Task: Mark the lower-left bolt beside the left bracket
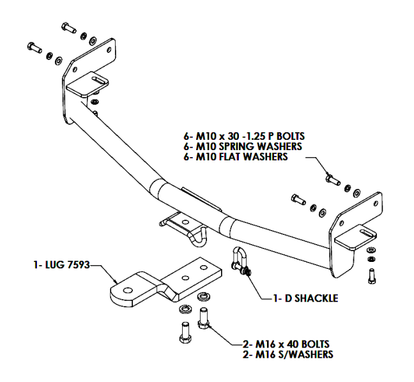(33, 47)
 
